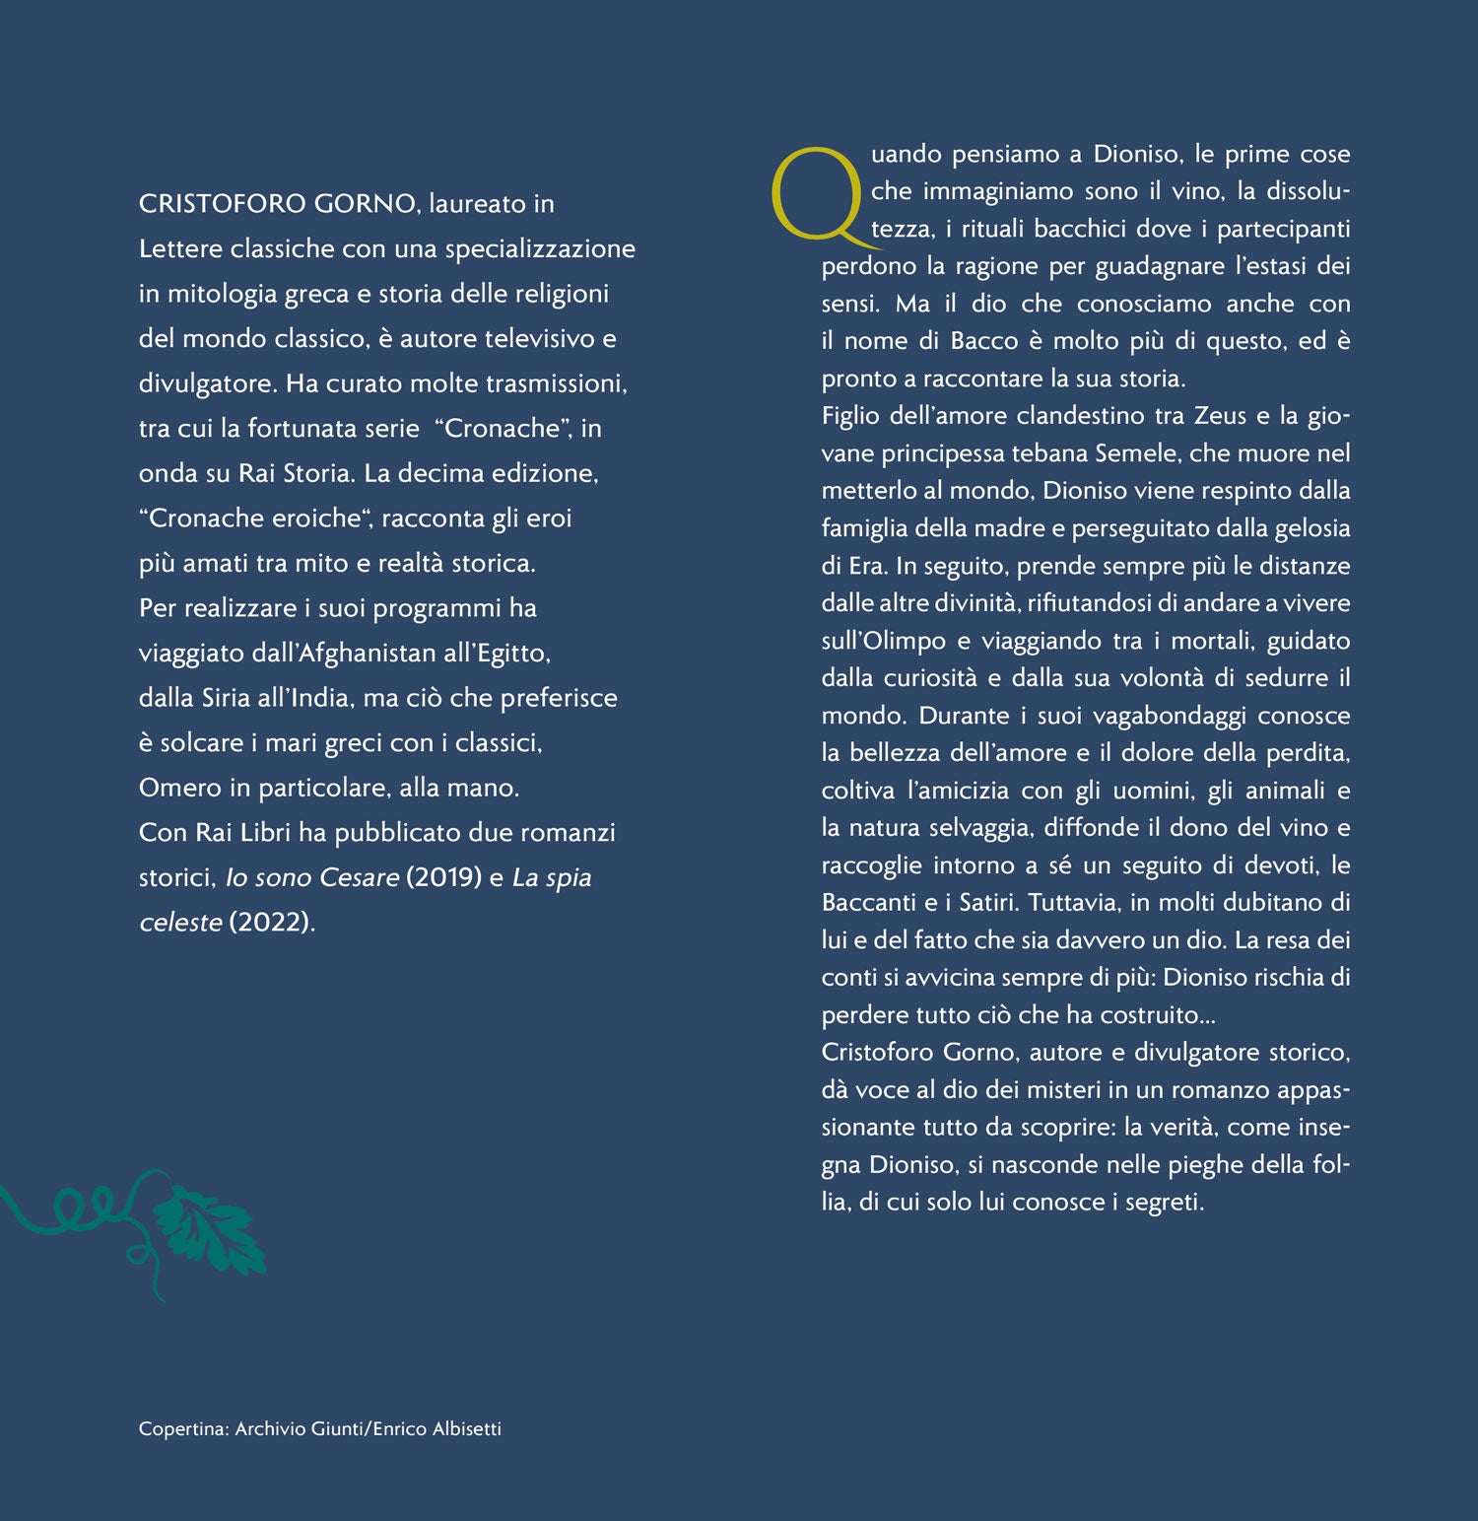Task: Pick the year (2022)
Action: (x=271, y=923)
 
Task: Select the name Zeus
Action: (x=1220, y=416)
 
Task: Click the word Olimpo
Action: (x=904, y=641)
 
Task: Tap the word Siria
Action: (x=226, y=698)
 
